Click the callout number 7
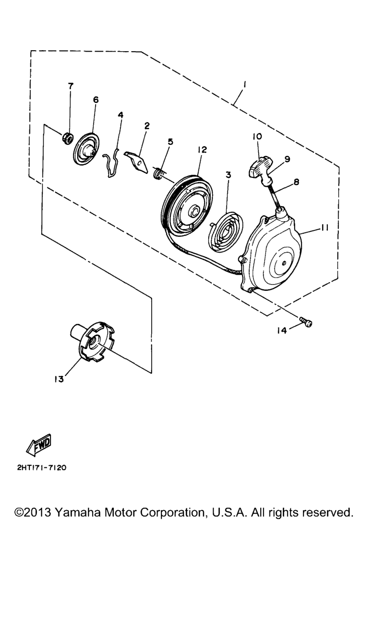(x=70, y=86)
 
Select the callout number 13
(x=59, y=379)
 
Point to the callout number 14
(x=282, y=331)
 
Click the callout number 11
(x=324, y=228)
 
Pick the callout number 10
(x=257, y=136)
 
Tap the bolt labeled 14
(x=306, y=322)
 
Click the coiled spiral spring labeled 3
(x=225, y=232)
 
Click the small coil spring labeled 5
(x=158, y=172)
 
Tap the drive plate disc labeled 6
(x=86, y=148)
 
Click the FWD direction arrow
(x=39, y=445)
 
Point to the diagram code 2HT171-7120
(x=42, y=467)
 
